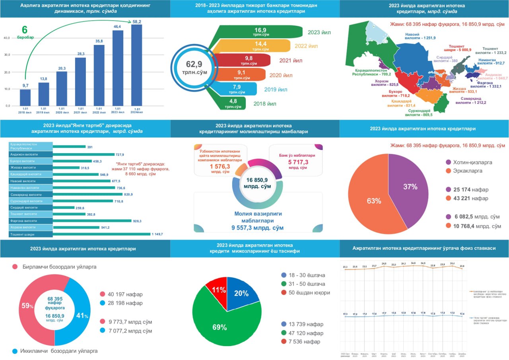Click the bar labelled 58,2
tap(136, 65)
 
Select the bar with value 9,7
tap(25, 97)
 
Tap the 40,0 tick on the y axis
tap(6, 38)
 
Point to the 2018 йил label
tap(265, 104)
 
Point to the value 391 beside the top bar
tap(90, 147)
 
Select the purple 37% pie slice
tap(408, 183)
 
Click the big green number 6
tap(25, 30)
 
